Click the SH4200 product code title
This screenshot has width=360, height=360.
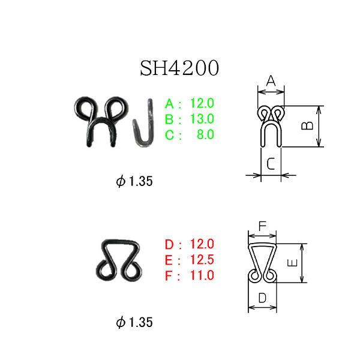coord(179,68)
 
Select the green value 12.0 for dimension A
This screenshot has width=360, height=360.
coord(202,103)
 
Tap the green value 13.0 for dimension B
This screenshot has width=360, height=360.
coord(202,119)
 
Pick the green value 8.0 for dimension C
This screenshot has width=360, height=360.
coord(205,134)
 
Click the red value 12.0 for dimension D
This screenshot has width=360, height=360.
coord(202,244)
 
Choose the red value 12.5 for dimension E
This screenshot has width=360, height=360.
coord(202,259)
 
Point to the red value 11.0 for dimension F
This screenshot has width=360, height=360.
coord(202,275)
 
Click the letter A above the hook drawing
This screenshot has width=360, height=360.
coord(271,81)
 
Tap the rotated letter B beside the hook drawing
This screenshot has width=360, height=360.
coord(307,125)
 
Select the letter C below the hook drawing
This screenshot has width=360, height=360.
coord(271,163)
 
